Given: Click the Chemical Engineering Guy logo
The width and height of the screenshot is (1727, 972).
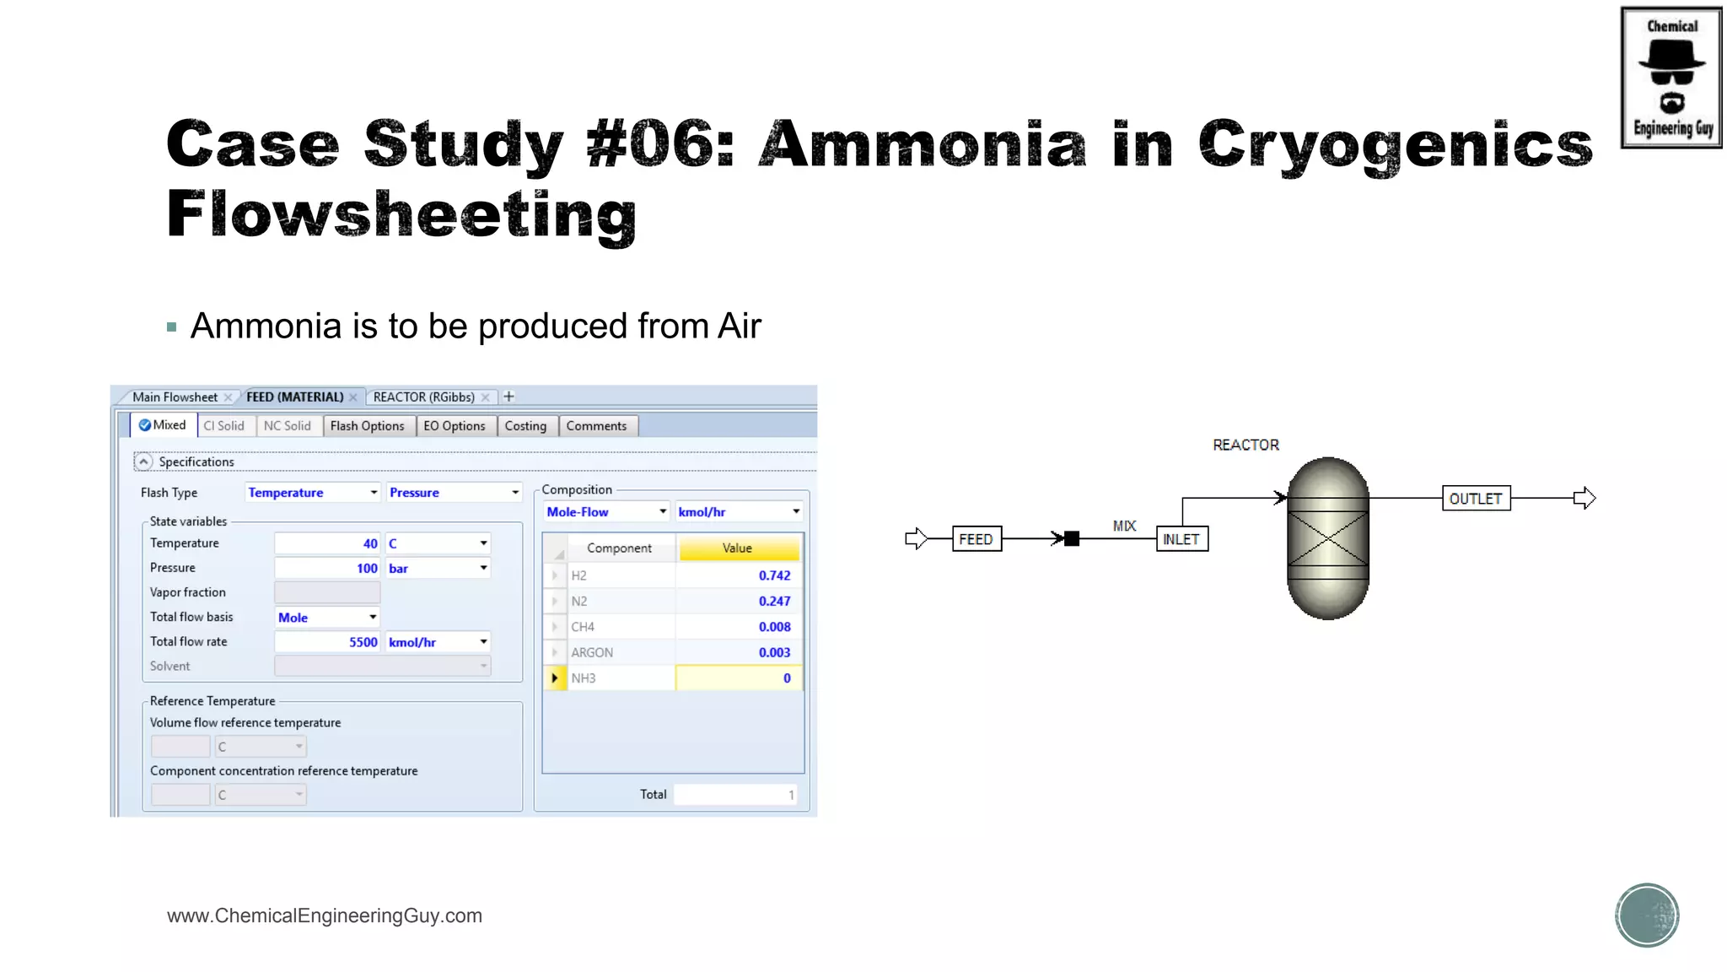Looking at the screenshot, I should pyautogui.click(x=1671, y=78).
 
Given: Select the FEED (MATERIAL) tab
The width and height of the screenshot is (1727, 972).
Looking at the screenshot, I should pyautogui.click(x=294, y=397).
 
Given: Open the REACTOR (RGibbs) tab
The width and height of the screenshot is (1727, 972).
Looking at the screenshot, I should pyautogui.click(x=423, y=397).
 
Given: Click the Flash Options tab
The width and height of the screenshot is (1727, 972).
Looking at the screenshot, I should pyautogui.click(x=367, y=426).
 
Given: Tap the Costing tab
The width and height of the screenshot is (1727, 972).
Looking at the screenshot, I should pyautogui.click(x=525, y=426).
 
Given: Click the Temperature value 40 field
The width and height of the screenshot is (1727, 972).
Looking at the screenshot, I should pyautogui.click(x=327, y=543).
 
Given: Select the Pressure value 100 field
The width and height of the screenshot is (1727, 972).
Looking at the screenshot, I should pyautogui.click(x=327, y=568).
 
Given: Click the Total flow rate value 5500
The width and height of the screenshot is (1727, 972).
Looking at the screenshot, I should pyautogui.click(x=327, y=642).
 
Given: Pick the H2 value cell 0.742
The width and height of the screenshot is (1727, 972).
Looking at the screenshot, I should pyautogui.click(x=739, y=575).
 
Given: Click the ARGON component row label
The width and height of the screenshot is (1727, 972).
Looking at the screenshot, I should pyautogui.click(x=592, y=652).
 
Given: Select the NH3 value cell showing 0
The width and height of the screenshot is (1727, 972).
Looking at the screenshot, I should pyautogui.click(x=739, y=678).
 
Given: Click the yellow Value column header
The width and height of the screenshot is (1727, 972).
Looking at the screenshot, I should pyautogui.click(x=738, y=548).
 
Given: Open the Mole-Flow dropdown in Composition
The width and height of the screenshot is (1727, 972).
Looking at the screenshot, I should pyautogui.click(x=606, y=512).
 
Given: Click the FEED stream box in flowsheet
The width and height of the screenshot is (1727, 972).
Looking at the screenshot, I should pyautogui.click(x=976, y=539).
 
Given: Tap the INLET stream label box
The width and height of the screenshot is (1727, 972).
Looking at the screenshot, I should pyautogui.click(x=1181, y=539).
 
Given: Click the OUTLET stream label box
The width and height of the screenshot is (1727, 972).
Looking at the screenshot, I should pyautogui.click(x=1475, y=499).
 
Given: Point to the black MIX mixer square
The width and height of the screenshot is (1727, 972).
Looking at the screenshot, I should pyautogui.click(x=1072, y=538).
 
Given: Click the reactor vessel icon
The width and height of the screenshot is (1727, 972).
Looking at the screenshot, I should pyautogui.click(x=1327, y=538).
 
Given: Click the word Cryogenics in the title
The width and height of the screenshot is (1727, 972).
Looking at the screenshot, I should pyautogui.click(x=1395, y=145).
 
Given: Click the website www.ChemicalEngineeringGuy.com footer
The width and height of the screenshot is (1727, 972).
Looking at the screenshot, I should pyautogui.click(x=325, y=915).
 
